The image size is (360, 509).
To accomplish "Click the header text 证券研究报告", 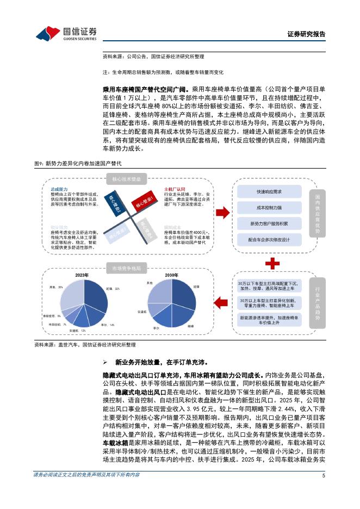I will [x=306, y=34].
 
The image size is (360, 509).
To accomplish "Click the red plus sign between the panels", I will [x=272, y=264].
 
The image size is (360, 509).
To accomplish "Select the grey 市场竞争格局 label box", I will [x=126, y=268].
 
